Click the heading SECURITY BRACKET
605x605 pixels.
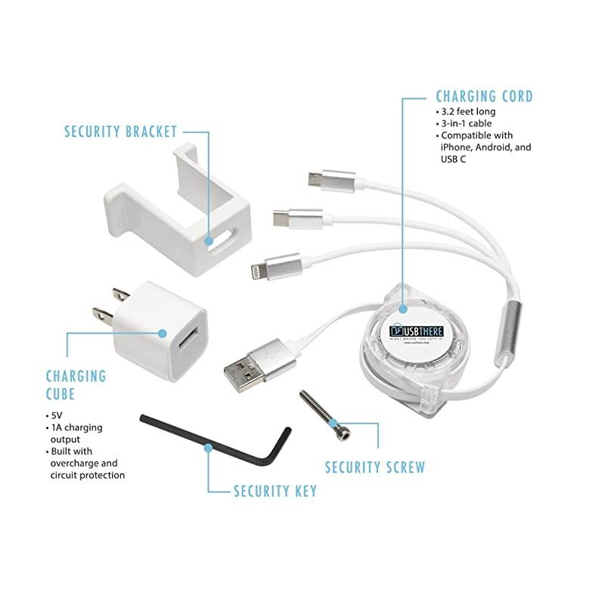click(x=120, y=132)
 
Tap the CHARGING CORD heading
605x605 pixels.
click(x=484, y=97)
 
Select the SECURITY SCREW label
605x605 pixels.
click(x=374, y=467)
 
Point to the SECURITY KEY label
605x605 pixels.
click(x=275, y=492)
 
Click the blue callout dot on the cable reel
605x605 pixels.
click(x=404, y=309)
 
